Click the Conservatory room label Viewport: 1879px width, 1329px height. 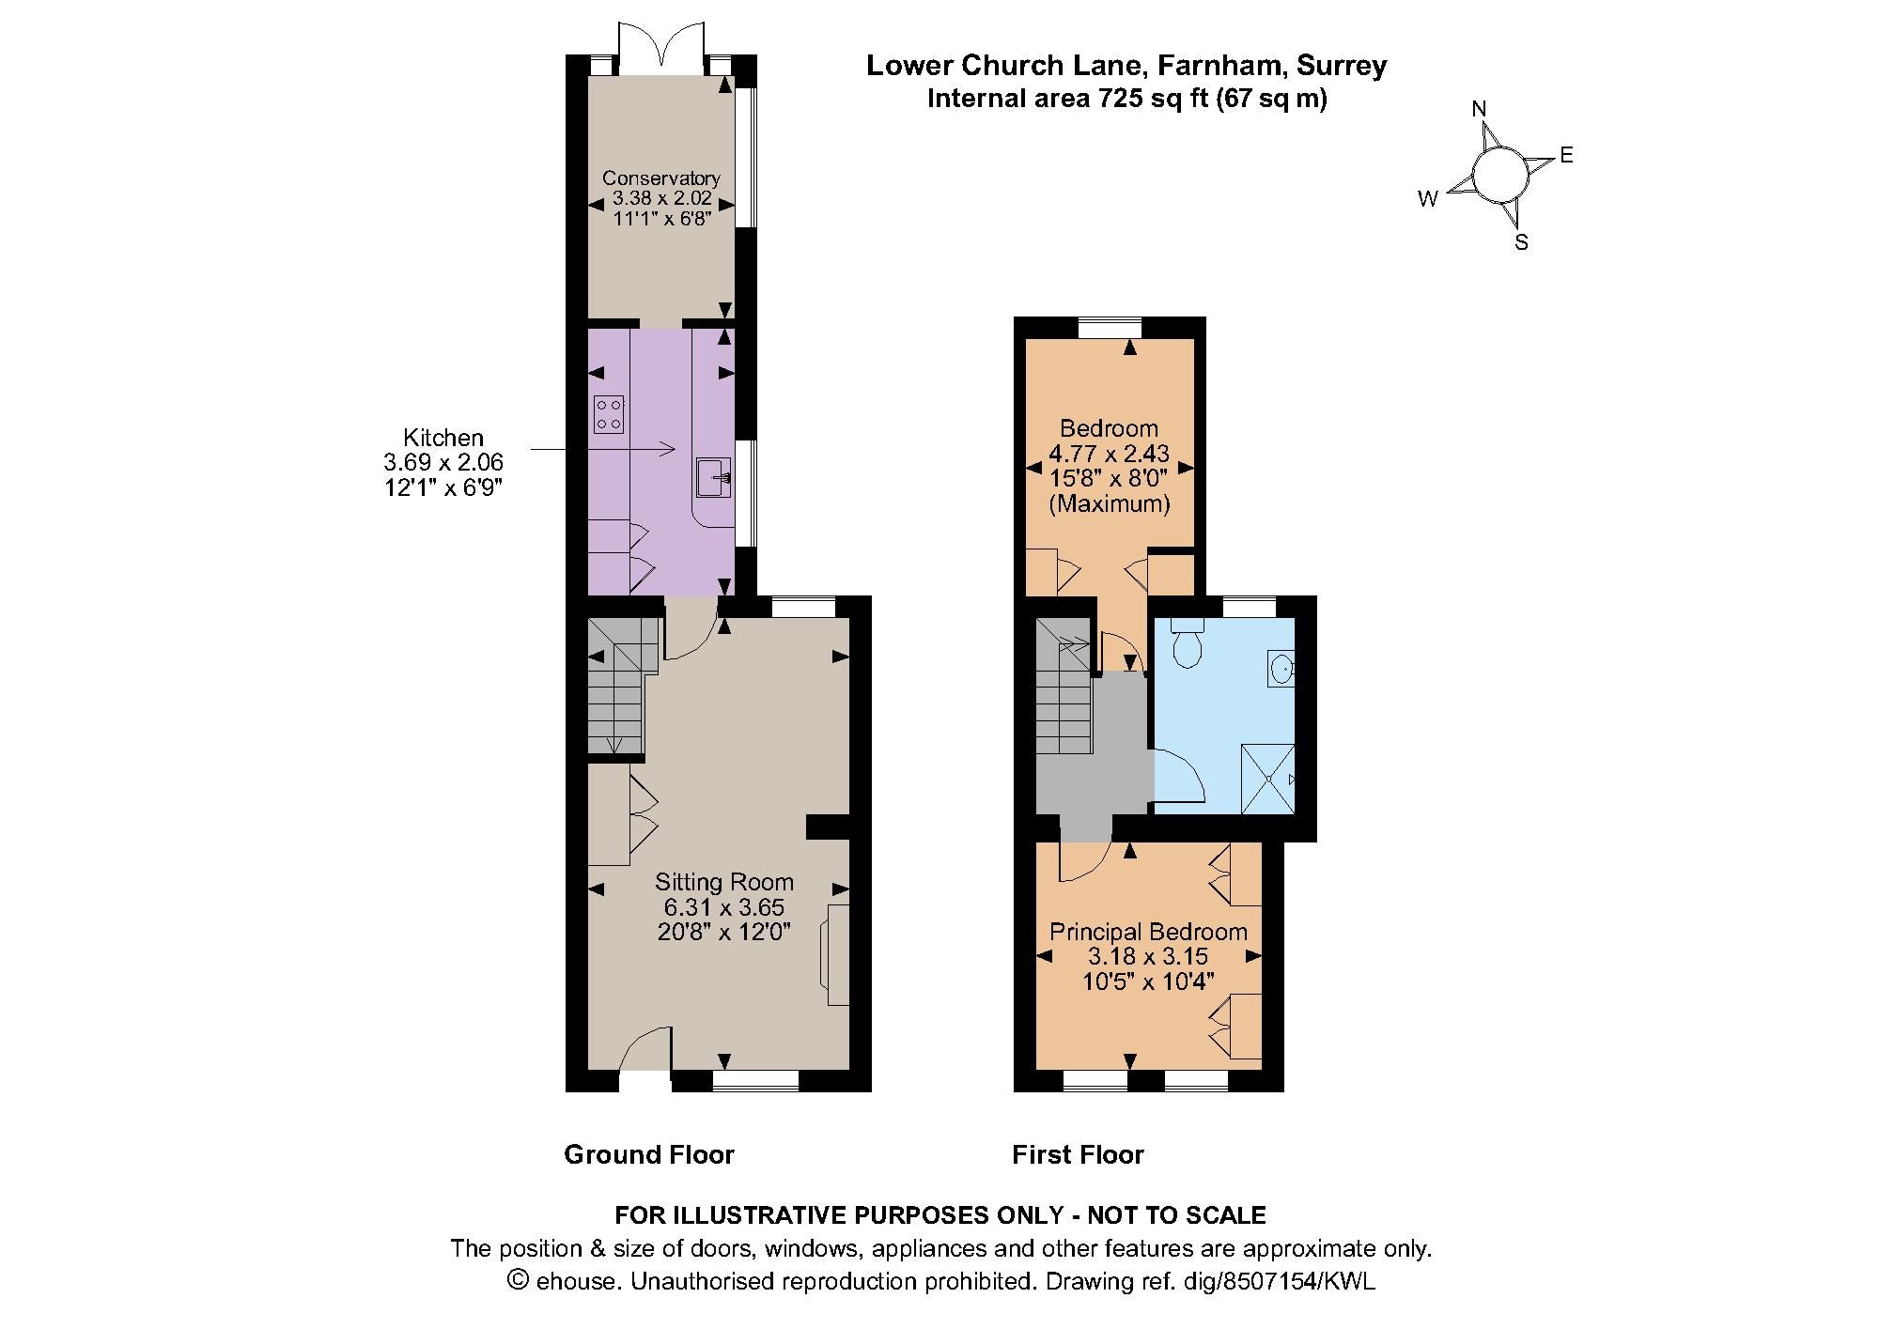pyautogui.click(x=660, y=178)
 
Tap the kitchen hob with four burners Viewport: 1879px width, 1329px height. pyautogui.click(x=609, y=414)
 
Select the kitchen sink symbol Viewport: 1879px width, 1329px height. pyautogui.click(x=714, y=477)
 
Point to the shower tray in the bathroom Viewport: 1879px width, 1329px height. pyautogui.click(x=1268, y=779)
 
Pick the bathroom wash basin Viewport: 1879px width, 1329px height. pyautogui.click(x=1281, y=668)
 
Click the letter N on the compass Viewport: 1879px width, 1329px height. pyautogui.click(x=1479, y=109)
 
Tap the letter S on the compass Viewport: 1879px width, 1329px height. pyautogui.click(x=1521, y=242)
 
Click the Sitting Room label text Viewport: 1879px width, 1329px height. pyautogui.click(x=723, y=882)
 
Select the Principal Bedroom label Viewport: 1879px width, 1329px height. pyautogui.click(x=1148, y=932)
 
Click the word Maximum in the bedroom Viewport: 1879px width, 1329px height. pyautogui.click(x=1109, y=503)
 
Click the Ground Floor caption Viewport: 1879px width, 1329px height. pyautogui.click(x=648, y=1154)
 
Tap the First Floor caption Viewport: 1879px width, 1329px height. pyautogui.click(x=1078, y=1154)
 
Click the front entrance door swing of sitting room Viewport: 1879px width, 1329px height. pyautogui.click(x=646, y=1048)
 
